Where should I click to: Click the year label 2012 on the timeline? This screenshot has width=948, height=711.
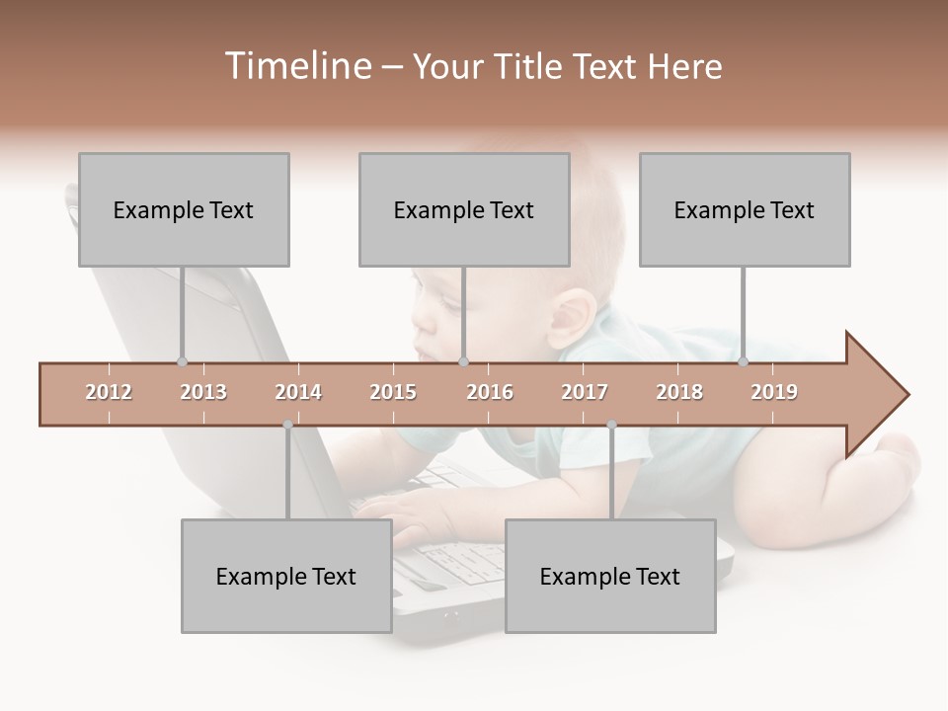click(x=109, y=392)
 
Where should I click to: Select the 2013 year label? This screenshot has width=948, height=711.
click(x=203, y=392)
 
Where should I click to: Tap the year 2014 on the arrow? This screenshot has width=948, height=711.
click(x=298, y=392)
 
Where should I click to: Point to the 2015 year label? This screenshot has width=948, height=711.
click(x=393, y=392)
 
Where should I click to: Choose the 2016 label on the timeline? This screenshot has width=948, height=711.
click(x=490, y=392)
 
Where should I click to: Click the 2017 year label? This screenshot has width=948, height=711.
click(x=585, y=392)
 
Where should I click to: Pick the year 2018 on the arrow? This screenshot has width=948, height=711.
click(x=679, y=392)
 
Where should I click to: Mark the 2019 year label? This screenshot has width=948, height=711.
click(x=774, y=392)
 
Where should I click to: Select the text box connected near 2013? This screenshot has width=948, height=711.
click(x=184, y=209)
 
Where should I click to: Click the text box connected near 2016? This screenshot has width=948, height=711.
click(x=464, y=209)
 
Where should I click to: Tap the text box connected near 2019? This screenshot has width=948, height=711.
click(x=745, y=209)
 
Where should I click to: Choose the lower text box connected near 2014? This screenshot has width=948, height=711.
click(x=286, y=576)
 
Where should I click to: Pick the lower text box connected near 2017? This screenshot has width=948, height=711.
click(x=610, y=576)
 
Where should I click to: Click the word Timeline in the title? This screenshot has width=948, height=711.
click(x=296, y=66)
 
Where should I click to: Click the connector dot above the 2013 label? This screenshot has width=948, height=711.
click(x=182, y=361)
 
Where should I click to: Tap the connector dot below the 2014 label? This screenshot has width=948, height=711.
click(x=287, y=425)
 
